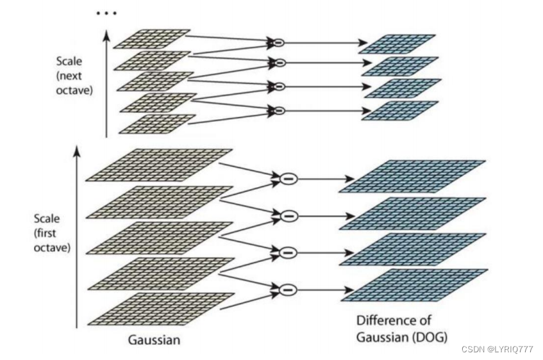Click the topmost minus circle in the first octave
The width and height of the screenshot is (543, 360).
click(x=288, y=178)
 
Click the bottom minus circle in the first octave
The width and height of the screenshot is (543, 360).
click(x=288, y=290)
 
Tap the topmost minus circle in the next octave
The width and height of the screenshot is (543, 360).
click(x=278, y=43)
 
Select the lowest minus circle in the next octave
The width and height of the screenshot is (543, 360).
click(x=278, y=110)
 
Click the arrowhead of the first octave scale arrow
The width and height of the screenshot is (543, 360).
click(x=78, y=151)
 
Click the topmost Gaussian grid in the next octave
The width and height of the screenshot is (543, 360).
click(x=152, y=38)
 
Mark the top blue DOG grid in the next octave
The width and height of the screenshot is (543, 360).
click(x=398, y=43)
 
